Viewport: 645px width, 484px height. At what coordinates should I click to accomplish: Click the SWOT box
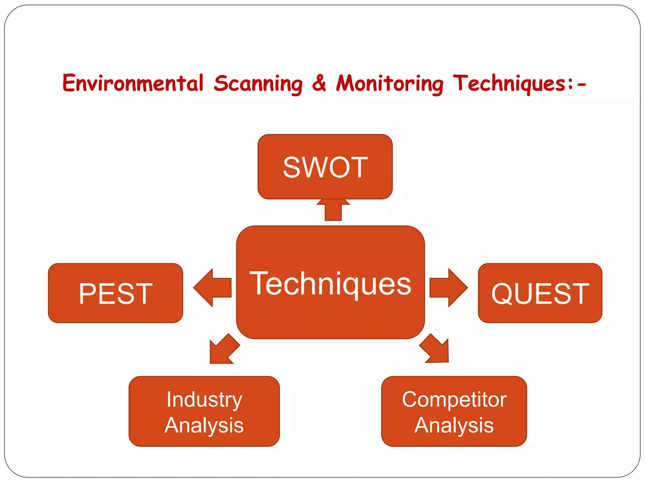point(325,167)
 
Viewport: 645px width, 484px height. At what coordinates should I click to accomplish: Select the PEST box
point(116,293)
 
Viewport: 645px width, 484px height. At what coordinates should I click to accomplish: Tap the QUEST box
point(540,293)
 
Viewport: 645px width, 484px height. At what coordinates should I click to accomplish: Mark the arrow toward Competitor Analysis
point(436,350)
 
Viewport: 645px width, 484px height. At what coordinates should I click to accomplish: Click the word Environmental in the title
point(133,84)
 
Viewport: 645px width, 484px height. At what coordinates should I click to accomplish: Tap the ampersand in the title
point(319,84)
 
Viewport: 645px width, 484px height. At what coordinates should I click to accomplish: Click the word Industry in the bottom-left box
point(204,400)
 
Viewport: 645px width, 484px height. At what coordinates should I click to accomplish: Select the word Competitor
point(454,400)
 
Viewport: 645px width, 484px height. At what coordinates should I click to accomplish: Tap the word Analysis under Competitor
point(454,425)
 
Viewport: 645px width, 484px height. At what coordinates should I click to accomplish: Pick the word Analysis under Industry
point(204,425)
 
